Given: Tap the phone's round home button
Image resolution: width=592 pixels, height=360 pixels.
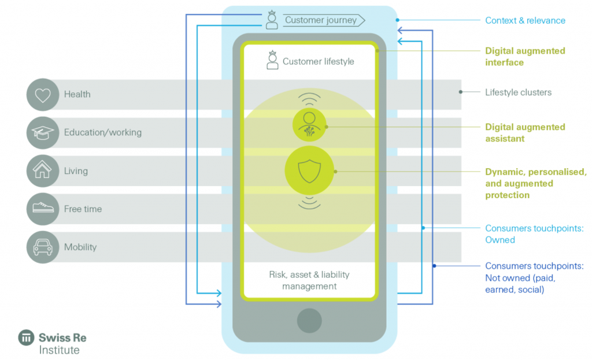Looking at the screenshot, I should (x=309, y=321).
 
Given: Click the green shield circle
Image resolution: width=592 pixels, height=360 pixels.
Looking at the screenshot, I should (x=309, y=170).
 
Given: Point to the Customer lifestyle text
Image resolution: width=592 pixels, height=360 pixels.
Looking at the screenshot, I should (x=318, y=61).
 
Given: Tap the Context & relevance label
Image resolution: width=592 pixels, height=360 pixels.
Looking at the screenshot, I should (x=525, y=20).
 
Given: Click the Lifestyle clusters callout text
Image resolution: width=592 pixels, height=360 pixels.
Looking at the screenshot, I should (x=518, y=92).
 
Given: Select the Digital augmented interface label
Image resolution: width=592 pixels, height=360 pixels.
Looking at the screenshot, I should (x=525, y=56).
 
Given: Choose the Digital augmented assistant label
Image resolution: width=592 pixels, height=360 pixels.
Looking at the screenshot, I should (x=525, y=132).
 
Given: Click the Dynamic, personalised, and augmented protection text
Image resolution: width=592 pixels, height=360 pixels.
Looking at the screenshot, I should (x=535, y=183).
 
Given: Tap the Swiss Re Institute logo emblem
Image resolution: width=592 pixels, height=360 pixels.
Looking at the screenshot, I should (x=26, y=337).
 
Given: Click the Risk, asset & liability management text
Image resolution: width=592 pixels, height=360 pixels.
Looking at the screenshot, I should (x=309, y=280).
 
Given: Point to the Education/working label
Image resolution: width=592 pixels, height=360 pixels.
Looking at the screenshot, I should (x=103, y=132).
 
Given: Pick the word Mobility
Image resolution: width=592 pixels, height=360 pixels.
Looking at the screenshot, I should (x=80, y=247).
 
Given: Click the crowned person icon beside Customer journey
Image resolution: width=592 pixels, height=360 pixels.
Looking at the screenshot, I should (x=272, y=20).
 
